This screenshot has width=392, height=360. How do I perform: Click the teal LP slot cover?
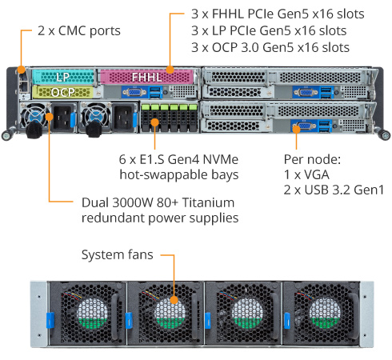[63, 77]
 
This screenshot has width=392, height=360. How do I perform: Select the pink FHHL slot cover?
[146, 77]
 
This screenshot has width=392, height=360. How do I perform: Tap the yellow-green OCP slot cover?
[63, 92]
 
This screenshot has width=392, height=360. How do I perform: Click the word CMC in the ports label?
[72, 30]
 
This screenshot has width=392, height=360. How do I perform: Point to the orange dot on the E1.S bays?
[154, 122]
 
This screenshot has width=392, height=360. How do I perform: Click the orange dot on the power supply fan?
[50, 117]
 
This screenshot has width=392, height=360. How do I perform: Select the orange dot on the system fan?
[174, 300]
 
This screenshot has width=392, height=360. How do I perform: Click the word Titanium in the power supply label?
[209, 202]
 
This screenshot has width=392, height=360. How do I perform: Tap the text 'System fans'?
[118, 254]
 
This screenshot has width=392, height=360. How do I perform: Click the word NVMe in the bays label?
[221, 159]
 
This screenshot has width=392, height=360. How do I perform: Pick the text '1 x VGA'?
[306, 174]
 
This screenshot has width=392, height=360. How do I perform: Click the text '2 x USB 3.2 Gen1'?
[334, 190]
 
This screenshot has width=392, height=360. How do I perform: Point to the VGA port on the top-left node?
[134, 92]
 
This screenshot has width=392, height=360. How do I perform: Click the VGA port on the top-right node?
[305, 92]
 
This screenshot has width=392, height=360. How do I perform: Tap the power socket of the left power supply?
[62, 118]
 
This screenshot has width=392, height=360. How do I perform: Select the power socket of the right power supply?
[123, 118]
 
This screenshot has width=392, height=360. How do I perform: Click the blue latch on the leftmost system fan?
[50, 320]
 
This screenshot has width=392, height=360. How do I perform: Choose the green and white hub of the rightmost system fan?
[325, 314]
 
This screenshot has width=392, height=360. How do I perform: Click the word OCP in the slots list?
[225, 48]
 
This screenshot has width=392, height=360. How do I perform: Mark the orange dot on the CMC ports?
[22, 70]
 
